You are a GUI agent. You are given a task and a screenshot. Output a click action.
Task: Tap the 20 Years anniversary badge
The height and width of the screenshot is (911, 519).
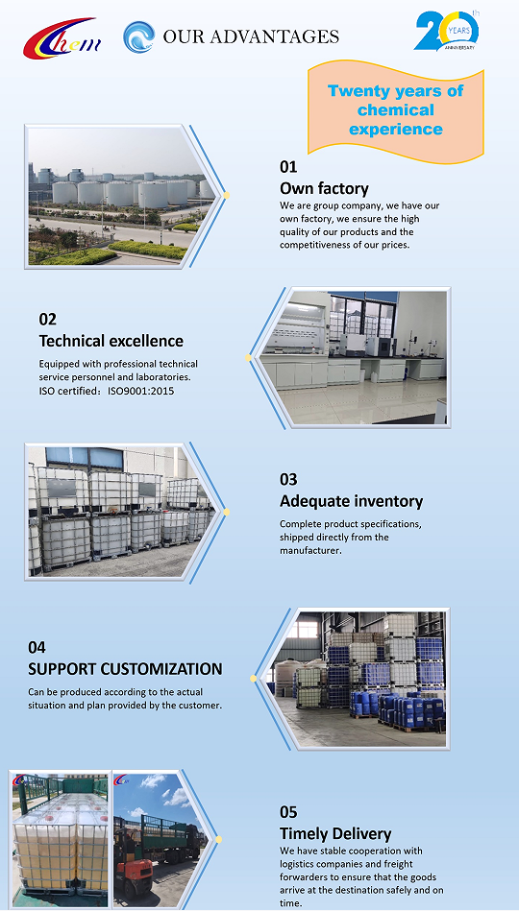point(447,30)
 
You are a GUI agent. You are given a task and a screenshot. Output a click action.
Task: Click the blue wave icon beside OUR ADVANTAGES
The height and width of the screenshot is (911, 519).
point(139,36)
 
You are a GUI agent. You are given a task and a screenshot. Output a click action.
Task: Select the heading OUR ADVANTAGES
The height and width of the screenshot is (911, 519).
point(251,36)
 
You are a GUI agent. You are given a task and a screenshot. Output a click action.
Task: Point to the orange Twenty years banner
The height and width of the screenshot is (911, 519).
point(396,109)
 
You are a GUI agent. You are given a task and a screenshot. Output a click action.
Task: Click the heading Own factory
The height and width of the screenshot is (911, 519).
point(324,188)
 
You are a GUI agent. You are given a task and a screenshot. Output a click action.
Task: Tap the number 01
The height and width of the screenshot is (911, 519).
point(288,167)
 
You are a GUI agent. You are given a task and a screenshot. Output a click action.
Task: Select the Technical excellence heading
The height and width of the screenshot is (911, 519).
point(111,341)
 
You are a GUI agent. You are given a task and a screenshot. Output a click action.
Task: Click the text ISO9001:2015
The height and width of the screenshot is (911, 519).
point(141,391)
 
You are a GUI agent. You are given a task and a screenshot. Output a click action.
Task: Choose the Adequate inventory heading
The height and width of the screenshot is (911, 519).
point(352,501)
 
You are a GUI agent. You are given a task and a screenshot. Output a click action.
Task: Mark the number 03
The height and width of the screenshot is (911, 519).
point(288,479)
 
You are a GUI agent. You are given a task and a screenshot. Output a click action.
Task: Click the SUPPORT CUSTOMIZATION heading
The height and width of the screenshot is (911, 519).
point(125,669)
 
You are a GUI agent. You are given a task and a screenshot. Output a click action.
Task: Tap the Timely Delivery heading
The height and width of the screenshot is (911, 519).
point(335,834)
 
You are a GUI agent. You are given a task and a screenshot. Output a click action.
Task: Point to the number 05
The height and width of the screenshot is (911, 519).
point(288,812)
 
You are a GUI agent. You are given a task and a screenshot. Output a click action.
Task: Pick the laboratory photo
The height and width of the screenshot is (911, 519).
point(355,357)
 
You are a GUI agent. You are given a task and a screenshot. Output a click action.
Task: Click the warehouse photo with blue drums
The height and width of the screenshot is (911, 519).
point(357,678)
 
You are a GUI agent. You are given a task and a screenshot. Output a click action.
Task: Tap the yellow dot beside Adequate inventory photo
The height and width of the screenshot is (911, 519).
point(226,512)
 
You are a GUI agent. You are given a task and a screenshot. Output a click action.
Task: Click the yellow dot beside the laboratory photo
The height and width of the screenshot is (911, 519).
point(248,358)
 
